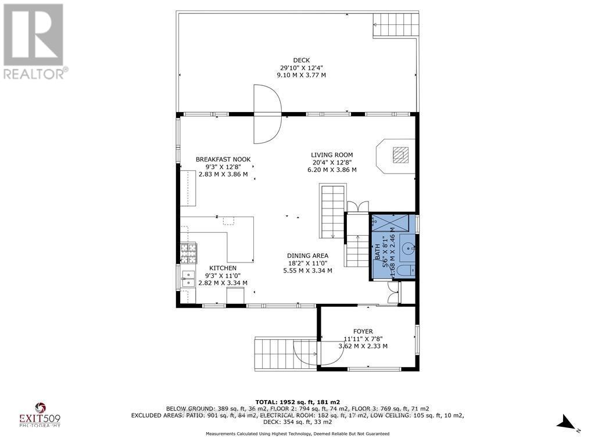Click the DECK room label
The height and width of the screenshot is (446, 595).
[301, 60]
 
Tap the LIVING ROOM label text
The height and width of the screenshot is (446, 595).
[331, 154]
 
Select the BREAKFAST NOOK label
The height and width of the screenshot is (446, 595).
[223, 159]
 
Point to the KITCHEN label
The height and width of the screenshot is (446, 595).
[223, 268]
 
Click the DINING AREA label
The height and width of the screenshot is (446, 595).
[307, 256]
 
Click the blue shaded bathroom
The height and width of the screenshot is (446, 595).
[393, 246]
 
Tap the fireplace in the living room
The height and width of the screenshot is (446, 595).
[399, 155]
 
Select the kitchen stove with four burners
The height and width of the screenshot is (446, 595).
[189, 252]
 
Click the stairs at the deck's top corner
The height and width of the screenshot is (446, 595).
[396, 25]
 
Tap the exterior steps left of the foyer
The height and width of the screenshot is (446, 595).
[277, 354]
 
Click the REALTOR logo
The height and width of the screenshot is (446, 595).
[34, 41]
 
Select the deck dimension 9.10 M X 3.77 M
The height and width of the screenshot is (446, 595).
[301, 75]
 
